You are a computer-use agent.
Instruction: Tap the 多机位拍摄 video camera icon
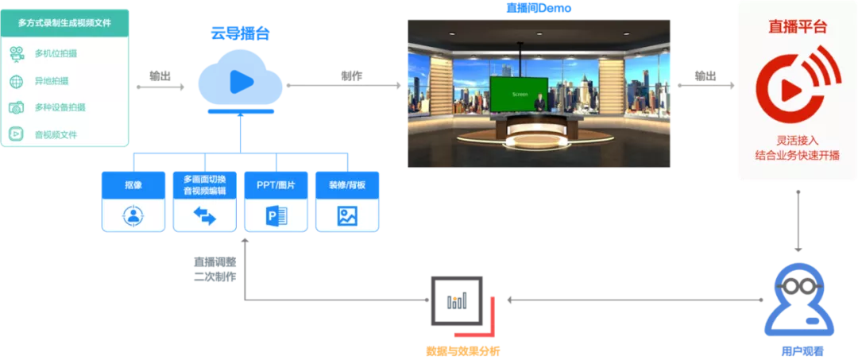click(17, 53)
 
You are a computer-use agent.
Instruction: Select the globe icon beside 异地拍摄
click(17, 81)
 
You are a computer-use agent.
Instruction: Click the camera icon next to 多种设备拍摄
click(17, 107)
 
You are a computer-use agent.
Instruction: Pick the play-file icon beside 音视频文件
click(17, 134)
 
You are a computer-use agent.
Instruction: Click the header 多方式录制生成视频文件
click(64, 23)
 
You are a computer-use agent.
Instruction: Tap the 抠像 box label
click(133, 185)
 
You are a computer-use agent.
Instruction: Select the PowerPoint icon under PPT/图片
click(276, 216)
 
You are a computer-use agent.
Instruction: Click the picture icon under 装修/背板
click(347, 216)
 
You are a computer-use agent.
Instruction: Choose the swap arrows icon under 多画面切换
click(205, 216)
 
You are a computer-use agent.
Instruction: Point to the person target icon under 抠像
click(133, 215)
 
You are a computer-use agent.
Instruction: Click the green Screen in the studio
click(519, 95)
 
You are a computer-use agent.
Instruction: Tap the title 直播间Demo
click(539, 8)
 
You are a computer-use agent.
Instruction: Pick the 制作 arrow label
click(351, 76)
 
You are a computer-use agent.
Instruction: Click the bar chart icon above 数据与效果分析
click(457, 300)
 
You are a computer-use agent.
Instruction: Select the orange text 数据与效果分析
click(462, 350)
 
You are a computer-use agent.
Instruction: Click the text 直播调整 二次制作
click(215, 269)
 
